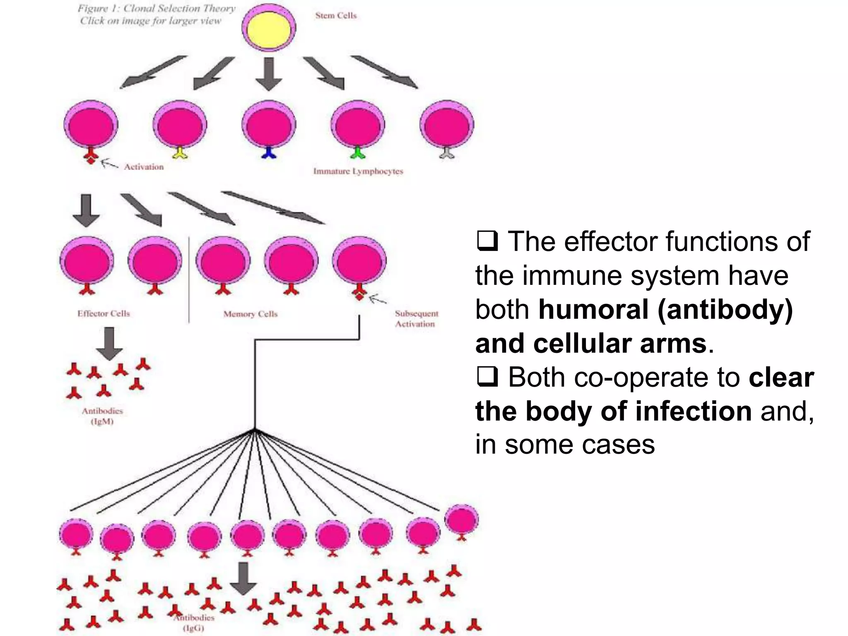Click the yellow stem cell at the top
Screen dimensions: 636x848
point(269,27)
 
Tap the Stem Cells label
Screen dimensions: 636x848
point(336,16)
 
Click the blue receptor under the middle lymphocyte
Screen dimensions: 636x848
point(269,153)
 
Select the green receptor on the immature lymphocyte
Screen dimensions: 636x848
point(357,153)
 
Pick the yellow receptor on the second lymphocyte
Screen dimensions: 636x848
point(180,153)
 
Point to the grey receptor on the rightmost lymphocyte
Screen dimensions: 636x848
point(447,153)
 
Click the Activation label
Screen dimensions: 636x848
point(144,167)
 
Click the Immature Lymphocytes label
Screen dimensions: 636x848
point(358,171)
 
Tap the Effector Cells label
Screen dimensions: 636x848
point(104,313)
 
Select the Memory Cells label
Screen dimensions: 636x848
point(251,314)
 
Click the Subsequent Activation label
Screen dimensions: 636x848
point(416,318)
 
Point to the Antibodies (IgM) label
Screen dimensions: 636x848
point(102,416)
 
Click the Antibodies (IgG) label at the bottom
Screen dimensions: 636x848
point(194,622)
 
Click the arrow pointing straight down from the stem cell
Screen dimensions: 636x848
point(269,74)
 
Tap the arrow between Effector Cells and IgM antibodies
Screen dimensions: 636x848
point(109,343)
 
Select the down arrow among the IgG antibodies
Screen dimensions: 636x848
point(243,578)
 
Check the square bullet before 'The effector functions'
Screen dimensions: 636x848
point(487,241)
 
